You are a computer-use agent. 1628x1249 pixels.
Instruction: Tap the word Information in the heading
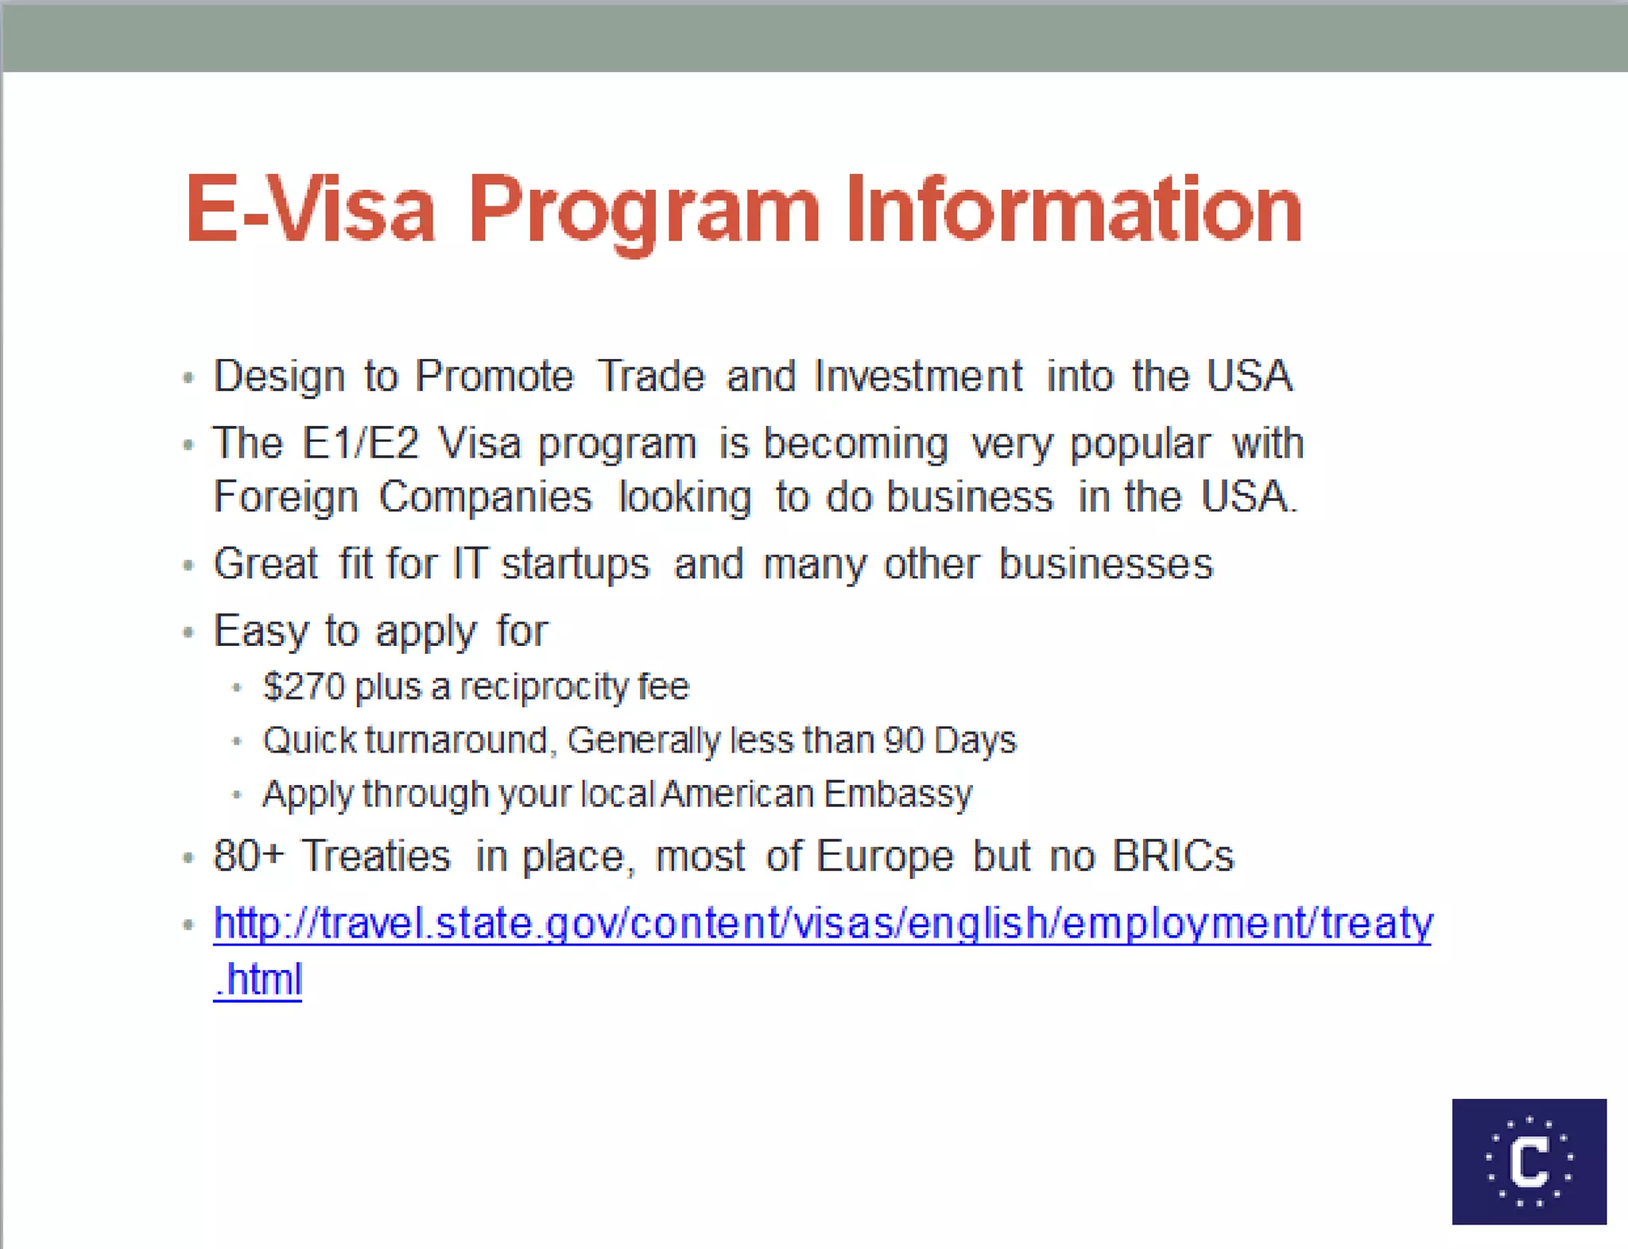click(x=1073, y=211)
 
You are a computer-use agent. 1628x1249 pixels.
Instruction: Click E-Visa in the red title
click(x=310, y=211)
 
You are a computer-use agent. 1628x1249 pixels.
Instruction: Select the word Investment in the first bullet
click(x=918, y=376)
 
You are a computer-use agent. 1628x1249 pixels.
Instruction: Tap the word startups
click(x=576, y=564)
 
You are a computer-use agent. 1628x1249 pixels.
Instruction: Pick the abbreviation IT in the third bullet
click(x=469, y=564)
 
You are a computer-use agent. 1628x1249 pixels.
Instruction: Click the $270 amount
click(x=304, y=686)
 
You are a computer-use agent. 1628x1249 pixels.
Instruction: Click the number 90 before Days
click(x=904, y=741)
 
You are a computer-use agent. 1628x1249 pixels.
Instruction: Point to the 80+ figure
click(x=249, y=857)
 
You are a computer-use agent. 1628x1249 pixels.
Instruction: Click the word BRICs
click(x=1173, y=857)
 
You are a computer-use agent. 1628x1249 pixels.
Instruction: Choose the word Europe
click(x=884, y=857)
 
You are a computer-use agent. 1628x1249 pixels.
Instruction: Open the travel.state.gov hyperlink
click(x=823, y=924)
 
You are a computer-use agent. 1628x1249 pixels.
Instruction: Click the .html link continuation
click(x=258, y=979)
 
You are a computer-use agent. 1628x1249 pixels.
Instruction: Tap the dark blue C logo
click(x=1529, y=1161)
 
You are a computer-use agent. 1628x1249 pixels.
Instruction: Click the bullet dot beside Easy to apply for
click(x=188, y=632)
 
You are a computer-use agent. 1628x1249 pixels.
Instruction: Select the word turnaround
click(x=456, y=741)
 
